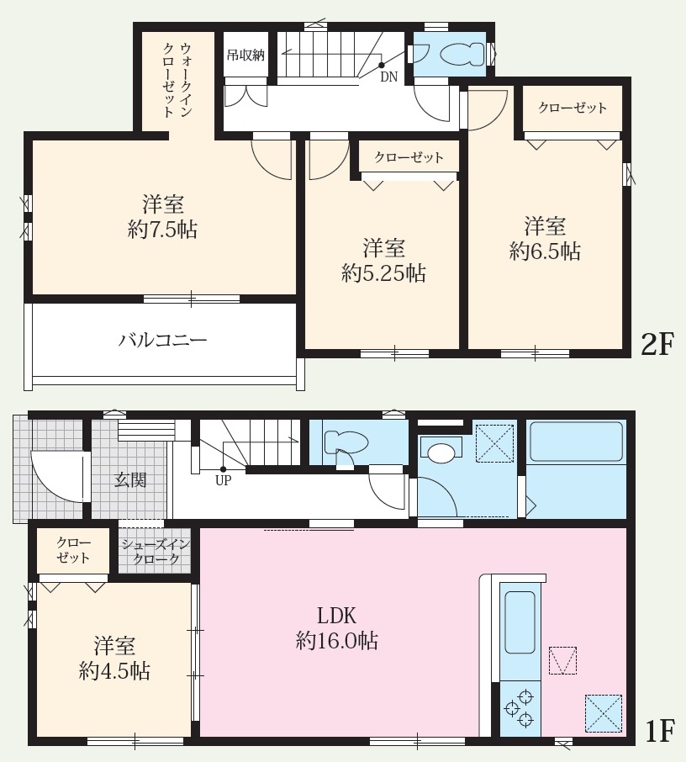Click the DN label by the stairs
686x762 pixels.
[388, 77]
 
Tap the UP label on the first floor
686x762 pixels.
[224, 480]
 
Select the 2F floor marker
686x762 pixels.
[657, 345]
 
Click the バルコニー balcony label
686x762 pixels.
[163, 340]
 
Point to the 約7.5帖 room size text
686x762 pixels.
[163, 230]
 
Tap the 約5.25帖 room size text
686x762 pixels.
[384, 273]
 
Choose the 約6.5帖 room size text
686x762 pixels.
[545, 251]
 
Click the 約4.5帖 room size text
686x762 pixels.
[114, 671]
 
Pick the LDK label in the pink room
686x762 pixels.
[336, 616]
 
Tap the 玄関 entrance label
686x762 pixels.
[130, 480]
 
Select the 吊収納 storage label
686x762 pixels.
[245, 55]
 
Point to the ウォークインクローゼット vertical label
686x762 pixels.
[177, 80]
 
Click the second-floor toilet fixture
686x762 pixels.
[462, 54]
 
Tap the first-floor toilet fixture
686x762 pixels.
[346, 443]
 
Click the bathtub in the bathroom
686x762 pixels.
[576, 442]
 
